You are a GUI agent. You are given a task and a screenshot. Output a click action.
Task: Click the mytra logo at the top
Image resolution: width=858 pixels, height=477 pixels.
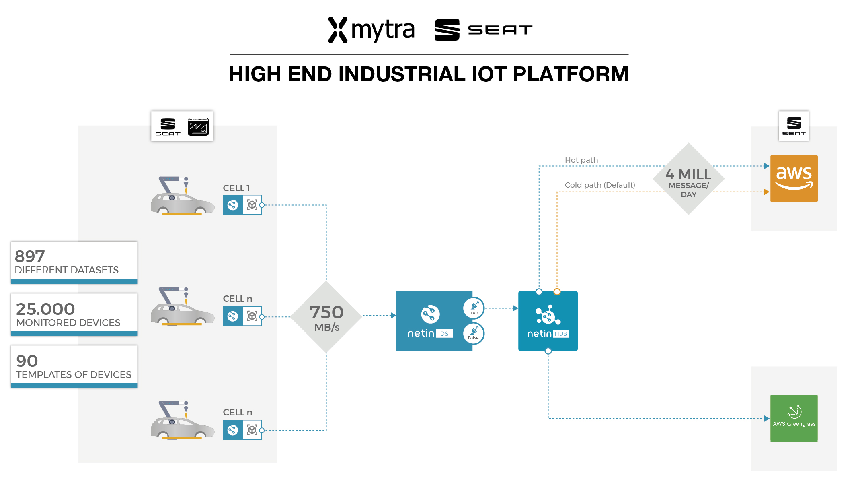coord(371,30)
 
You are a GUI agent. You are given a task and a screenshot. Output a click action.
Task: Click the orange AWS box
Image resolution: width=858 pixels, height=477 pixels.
coord(794,178)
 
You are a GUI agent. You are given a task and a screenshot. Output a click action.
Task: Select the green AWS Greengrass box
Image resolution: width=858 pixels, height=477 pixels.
coord(794,418)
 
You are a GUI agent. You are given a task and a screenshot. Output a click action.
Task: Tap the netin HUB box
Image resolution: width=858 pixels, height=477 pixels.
coord(548,321)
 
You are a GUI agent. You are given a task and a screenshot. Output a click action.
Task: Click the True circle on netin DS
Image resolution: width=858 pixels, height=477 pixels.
coord(474,308)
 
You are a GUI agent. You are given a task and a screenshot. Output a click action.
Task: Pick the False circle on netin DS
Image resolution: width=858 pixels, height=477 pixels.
coord(473,333)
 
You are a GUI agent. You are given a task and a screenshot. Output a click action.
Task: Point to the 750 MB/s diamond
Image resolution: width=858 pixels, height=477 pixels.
coord(326,317)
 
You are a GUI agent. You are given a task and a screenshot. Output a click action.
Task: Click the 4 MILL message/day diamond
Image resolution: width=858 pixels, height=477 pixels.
coord(688,179)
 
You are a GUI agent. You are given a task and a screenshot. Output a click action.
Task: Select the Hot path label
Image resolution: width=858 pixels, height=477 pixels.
coord(581,160)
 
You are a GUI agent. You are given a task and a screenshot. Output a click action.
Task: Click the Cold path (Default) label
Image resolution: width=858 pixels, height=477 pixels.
coord(599,185)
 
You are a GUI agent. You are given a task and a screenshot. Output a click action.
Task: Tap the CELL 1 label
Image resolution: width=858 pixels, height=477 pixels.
coord(236,188)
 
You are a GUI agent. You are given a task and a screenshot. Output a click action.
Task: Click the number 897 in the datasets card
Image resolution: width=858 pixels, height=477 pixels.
coord(30,256)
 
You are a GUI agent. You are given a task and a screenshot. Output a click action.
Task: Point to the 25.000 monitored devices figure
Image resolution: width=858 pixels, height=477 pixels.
coord(45,309)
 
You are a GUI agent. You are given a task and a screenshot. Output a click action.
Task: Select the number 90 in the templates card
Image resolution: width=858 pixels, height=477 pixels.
coord(27,361)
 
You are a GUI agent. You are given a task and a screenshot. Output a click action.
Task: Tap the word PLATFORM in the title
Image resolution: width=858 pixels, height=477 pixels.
coord(571,74)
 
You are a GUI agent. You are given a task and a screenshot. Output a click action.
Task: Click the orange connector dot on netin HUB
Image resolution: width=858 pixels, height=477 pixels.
coord(557,291)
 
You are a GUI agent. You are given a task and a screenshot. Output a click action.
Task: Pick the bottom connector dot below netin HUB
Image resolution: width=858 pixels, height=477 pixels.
coord(548,351)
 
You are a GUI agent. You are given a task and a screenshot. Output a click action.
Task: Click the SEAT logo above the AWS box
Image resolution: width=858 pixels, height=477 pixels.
coord(794,126)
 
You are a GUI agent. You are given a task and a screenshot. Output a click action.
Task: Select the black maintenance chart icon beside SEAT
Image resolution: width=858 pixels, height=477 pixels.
coord(198,126)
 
